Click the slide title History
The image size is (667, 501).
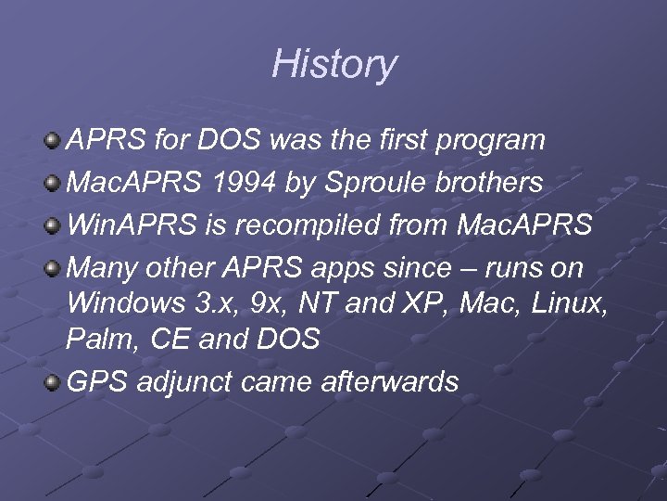(333, 65)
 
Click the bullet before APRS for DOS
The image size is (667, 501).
(54, 141)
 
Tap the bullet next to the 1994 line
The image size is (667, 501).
(54, 184)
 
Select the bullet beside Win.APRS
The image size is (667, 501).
(54, 226)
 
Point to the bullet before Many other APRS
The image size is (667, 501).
(54, 269)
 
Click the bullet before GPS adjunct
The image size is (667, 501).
(54, 382)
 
